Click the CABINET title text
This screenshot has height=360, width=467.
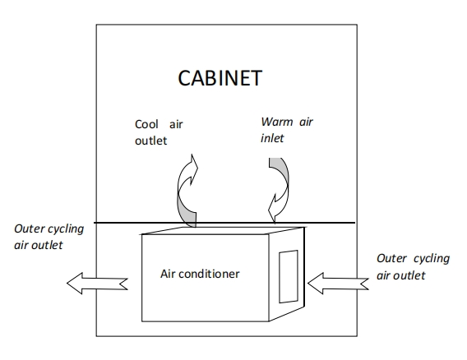click(x=220, y=78)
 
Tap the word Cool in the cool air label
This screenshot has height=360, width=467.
click(x=146, y=124)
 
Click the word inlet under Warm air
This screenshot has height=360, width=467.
click(x=272, y=138)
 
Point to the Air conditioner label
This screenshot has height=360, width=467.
click(x=200, y=274)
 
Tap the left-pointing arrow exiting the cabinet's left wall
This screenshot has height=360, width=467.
click(x=97, y=284)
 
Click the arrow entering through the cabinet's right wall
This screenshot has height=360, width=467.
click(x=338, y=284)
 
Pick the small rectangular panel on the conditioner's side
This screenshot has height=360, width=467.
click(x=289, y=277)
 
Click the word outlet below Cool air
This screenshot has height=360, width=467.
click(x=150, y=141)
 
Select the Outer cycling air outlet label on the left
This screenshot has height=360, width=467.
click(x=49, y=237)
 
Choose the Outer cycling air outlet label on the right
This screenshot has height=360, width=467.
click(x=413, y=266)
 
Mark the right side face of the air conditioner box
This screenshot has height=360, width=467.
click(x=286, y=275)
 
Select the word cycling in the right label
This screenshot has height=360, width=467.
click(x=432, y=259)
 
